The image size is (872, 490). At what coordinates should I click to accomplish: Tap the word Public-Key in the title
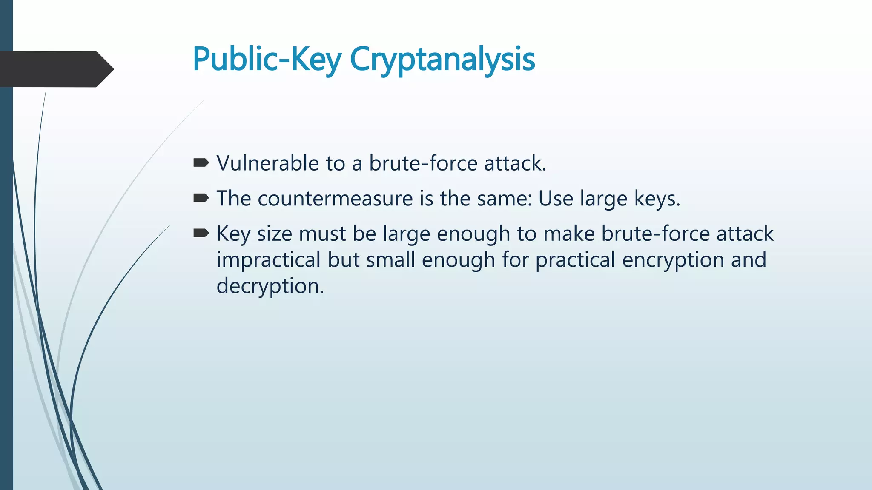pos(267,60)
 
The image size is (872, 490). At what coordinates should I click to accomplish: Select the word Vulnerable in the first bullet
pos(268,163)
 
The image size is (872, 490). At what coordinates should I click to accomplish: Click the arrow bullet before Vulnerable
pos(201,162)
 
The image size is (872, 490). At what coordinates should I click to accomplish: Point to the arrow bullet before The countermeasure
pos(201,198)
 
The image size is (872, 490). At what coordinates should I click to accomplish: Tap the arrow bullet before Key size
pos(201,233)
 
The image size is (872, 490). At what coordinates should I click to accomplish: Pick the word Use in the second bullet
pos(556,199)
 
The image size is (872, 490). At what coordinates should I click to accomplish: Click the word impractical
pos(268,260)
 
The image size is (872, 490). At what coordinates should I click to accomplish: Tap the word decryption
pos(270,286)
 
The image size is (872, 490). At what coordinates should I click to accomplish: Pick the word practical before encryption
pos(575,260)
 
